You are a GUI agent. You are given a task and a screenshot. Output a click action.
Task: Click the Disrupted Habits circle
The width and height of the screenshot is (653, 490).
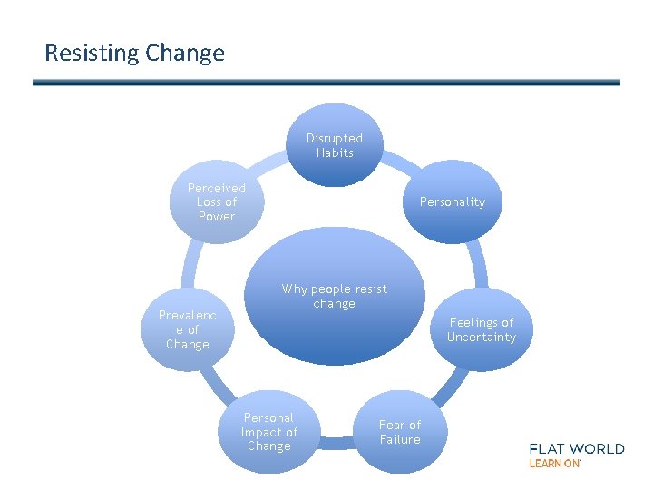(x=334, y=145)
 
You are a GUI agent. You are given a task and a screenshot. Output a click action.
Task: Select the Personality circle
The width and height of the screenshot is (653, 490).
(x=452, y=202)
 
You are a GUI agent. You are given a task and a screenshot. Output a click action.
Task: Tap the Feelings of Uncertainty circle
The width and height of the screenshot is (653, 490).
(x=481, y=329)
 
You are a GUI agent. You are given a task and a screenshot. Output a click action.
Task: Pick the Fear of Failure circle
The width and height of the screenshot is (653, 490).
(x=400, y=432)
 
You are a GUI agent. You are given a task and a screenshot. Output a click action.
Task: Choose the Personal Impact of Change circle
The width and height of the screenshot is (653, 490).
(x=268, y=432)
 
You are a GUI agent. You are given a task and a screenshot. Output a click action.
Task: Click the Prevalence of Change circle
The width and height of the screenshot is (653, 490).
(x=188, y=329)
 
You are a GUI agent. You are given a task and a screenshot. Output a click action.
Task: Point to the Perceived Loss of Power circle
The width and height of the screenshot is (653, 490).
(x=216, y=202)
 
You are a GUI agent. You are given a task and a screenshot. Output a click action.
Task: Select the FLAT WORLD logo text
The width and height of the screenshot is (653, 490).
(x=577, y=448)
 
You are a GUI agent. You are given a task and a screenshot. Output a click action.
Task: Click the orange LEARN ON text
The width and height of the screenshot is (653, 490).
(x=554, y=463)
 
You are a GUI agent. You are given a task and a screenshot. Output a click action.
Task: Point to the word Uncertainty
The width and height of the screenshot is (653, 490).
(x=481, y=338)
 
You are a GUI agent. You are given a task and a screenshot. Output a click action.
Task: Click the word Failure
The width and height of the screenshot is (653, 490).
(x=400, y=440)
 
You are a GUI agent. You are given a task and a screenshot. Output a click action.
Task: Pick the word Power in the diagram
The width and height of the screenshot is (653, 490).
(x=216, y=217)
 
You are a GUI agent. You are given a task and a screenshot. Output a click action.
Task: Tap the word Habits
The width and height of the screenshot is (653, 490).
(x=334, y=153)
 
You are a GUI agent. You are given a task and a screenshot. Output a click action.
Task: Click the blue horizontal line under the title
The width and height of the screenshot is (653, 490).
(x=326, y=83)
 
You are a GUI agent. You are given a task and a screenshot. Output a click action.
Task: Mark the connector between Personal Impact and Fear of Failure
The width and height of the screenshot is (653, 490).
(x=334, y=442)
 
